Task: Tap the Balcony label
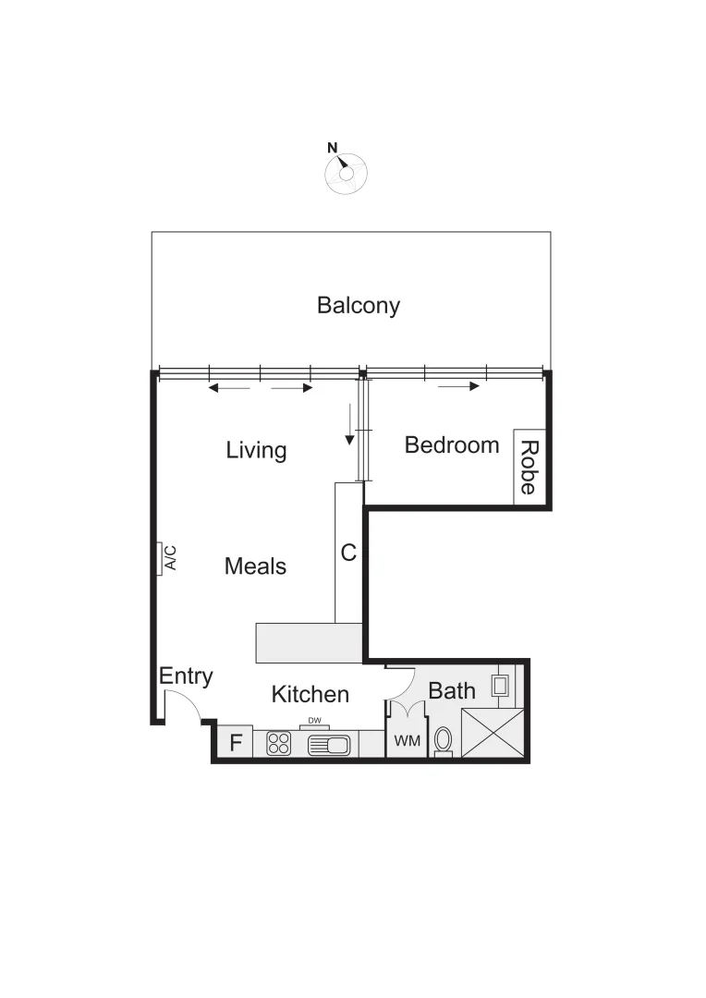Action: tap(359, 305)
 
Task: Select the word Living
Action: tap(256, 450)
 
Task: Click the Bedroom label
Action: tap(452, 444)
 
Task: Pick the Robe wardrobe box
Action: tap(529, 467)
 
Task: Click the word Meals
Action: tap(255, 566)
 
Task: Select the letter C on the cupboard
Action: tap(348, 553)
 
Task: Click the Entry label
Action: tap(186, 676)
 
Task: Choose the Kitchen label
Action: tap(310, 694)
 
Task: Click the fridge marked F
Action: tap(235, 742)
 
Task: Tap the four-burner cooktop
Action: tap(279, 743)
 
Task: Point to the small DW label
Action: tap(314, 721)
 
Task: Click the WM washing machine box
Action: tap(407, 741)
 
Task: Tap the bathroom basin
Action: tap(500, 686)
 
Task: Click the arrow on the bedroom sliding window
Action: tap(458, 386)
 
